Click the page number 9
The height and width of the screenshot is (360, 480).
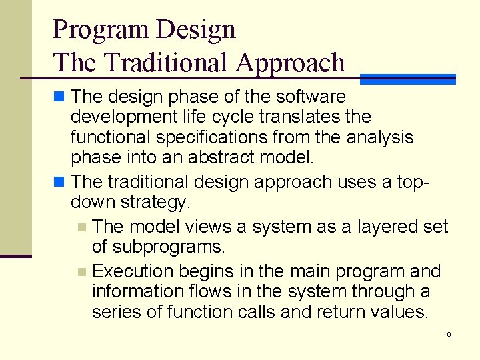point(449,334)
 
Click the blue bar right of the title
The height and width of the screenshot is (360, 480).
point(407,79)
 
